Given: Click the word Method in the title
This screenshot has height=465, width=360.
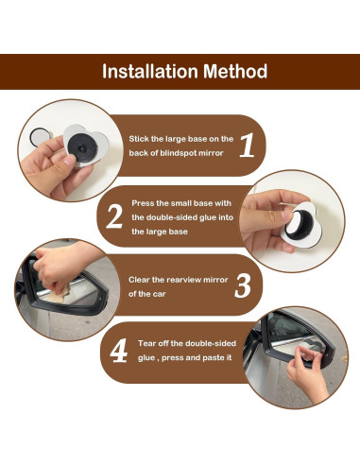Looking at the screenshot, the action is pos(235,72).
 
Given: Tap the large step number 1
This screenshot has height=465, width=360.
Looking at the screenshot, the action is pos(247,145).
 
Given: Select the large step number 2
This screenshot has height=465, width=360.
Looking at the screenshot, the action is pos(114,216).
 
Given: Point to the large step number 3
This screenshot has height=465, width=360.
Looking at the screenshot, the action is pos(243,286).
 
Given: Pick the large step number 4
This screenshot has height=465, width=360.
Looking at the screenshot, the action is pos(119,351).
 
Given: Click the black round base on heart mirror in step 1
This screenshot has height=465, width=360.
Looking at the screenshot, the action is pos(82,146).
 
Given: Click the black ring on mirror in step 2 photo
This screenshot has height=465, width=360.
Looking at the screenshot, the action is pos(300,224).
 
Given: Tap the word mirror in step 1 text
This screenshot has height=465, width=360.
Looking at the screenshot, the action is pos(215,153).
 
